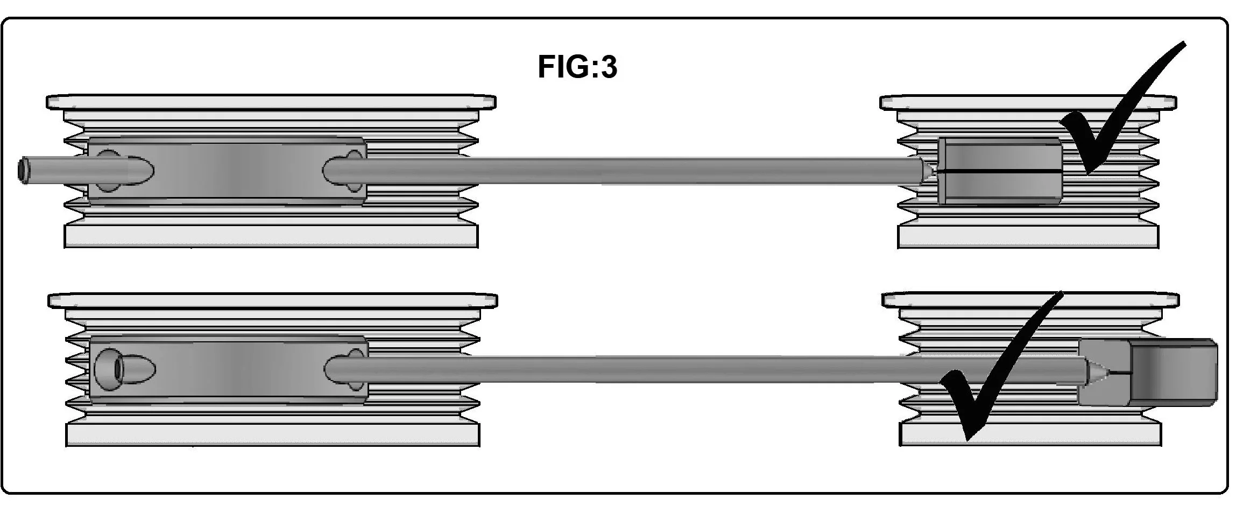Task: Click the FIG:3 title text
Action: (577, 67)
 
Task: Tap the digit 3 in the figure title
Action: (608, 67)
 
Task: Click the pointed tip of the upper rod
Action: (935, 172)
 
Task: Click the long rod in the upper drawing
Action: (624, 171)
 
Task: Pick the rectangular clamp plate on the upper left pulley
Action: (227, 171)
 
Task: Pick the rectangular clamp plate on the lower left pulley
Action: (229, 370)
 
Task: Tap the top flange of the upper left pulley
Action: (271, 102)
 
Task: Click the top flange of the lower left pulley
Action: (273, 300)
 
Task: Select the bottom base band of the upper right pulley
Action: (1028, 236)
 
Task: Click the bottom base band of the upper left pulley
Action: (271, 236)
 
